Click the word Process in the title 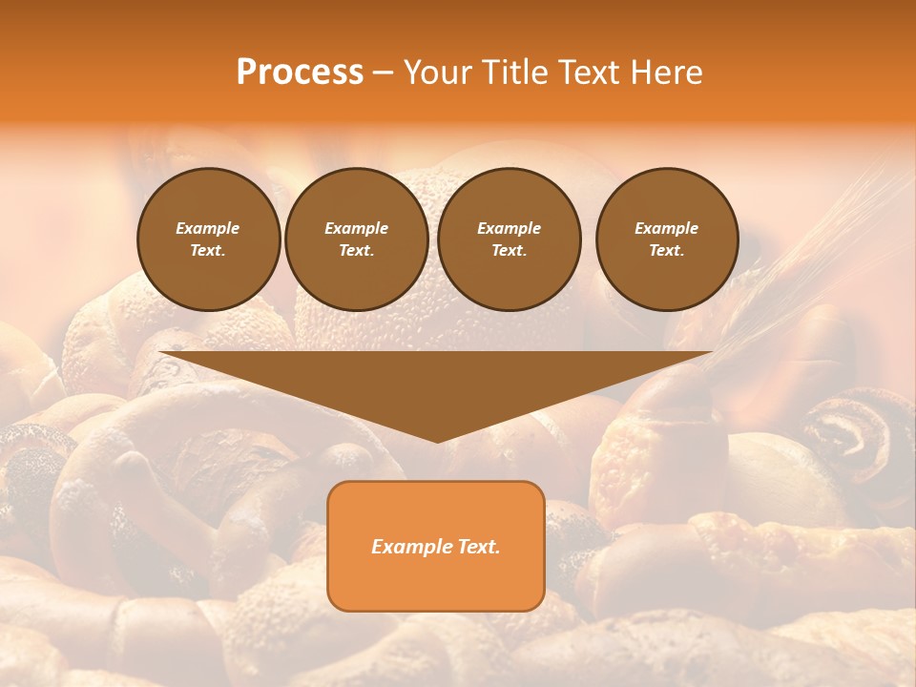click(x=300, y=73)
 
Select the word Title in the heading click(x=515, y=73)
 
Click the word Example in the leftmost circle click(x=208, y=228)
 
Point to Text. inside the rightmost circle click(x=667, y=251)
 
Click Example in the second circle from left click(x=356, y=228)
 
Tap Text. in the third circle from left click(x=509, y=251)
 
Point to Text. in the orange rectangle click(x=478, y=547)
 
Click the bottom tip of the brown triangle click(x=437, y=441)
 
